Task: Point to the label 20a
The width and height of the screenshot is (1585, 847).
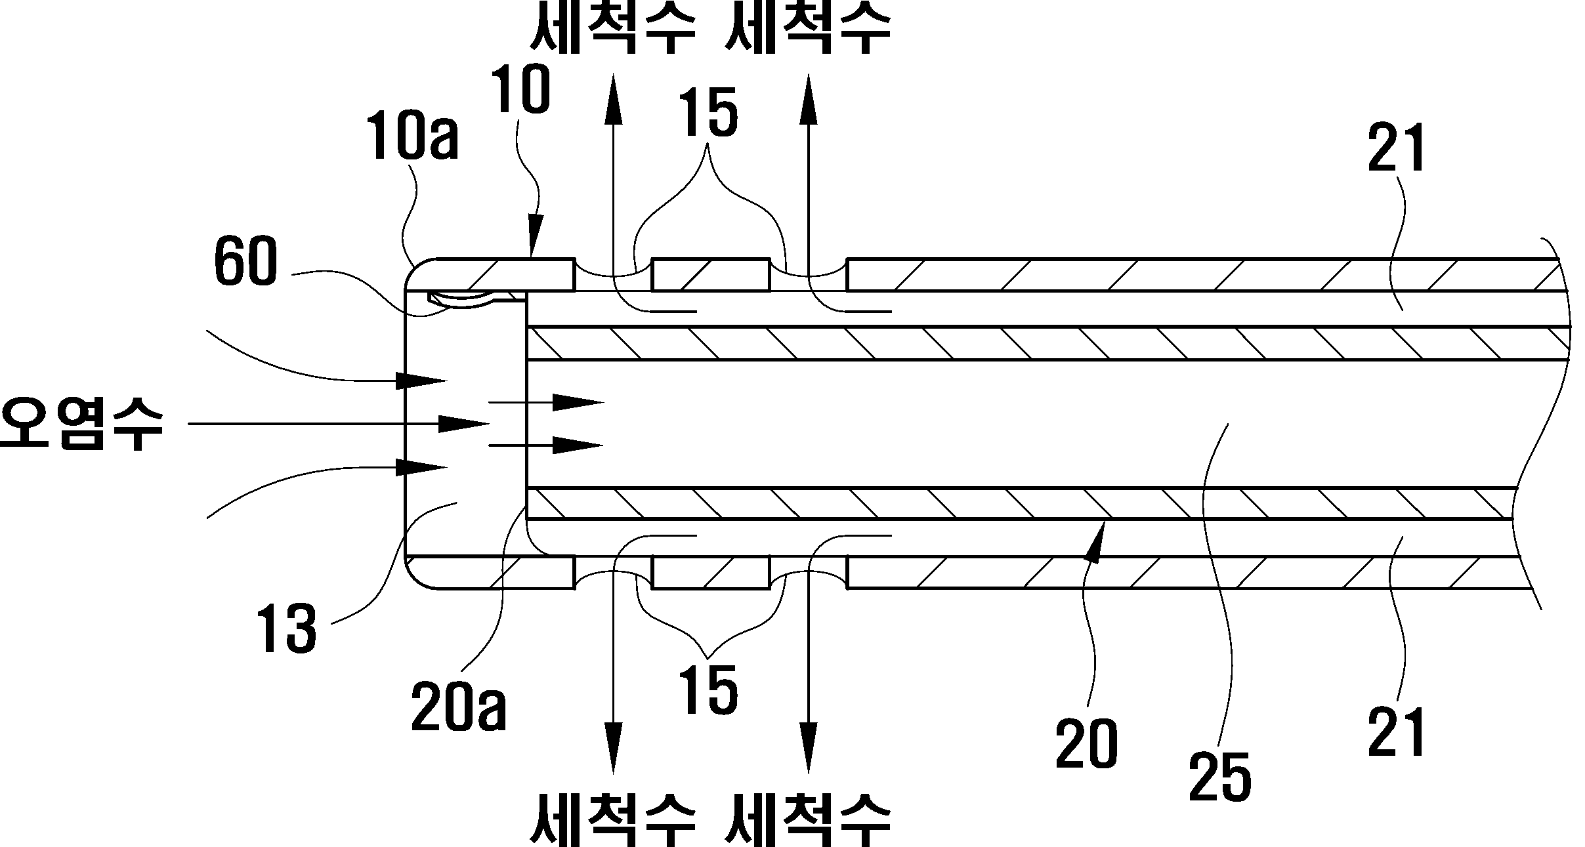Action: click(459, 708)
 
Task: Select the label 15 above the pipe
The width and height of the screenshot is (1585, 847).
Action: click(708, 114)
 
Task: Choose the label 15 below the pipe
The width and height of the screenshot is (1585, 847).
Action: click(708, 691)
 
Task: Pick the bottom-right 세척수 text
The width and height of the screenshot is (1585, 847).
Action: click(807, 819)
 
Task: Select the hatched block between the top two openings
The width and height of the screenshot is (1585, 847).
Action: click(710, 275)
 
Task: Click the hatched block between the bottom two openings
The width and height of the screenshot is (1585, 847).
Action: click(710, 573)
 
